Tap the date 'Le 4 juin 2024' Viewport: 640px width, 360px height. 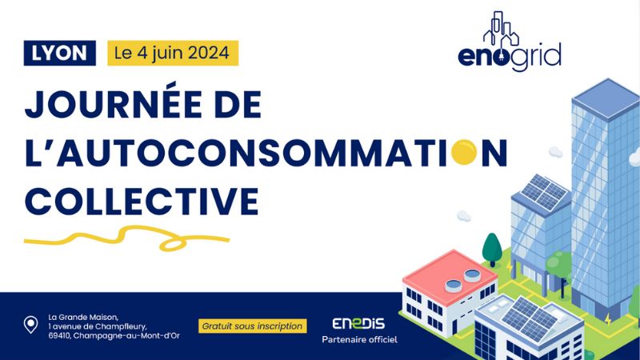tap(173, 53)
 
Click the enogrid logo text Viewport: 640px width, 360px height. tap(509, 57)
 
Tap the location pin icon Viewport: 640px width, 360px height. tap(30, 325)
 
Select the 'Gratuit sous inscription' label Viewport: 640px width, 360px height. tap(252, 326)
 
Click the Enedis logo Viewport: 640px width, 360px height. tap(358, 323)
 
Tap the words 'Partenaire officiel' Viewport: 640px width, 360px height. tap(359, 339)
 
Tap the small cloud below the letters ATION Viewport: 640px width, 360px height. tap(463, 215)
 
